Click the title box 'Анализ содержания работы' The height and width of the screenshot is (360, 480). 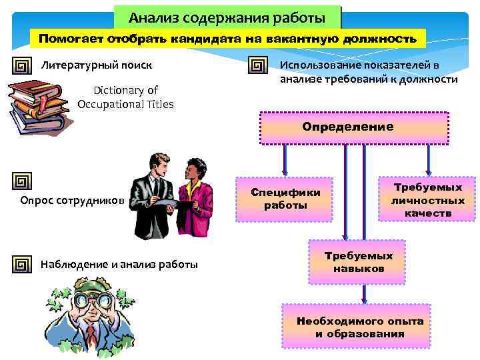click(227, 16)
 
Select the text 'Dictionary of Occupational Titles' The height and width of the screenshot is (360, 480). click(125, 97)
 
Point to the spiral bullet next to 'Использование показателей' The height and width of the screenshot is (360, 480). click(257, 67)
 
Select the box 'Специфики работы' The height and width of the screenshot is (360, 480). click(285, 199)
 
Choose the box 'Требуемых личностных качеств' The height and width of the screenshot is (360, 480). click(427, 197)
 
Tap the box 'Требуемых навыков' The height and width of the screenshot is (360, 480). click(358, 263)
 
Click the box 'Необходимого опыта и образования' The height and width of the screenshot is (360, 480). click(360, 327)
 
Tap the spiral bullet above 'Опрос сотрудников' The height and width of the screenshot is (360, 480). click(23, 181)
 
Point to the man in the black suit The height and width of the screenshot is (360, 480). click(155, 193)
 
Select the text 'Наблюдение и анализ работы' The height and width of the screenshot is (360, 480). click(119, 265)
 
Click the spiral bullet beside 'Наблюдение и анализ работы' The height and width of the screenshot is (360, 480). click(23, 265)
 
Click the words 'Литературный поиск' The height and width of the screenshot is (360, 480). click(97, 65)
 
